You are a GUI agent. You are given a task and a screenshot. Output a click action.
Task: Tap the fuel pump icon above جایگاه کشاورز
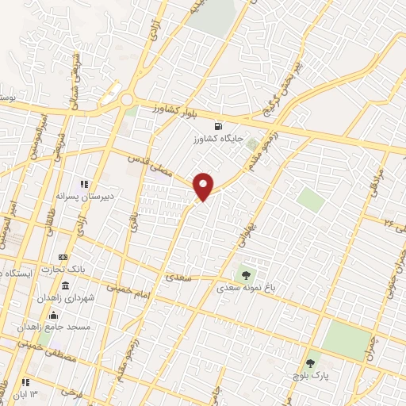218,126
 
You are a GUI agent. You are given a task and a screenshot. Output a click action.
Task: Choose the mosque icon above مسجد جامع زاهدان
54,315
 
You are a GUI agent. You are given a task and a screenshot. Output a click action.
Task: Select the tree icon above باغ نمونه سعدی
246,277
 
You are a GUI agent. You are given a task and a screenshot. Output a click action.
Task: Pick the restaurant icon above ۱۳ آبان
26,382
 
